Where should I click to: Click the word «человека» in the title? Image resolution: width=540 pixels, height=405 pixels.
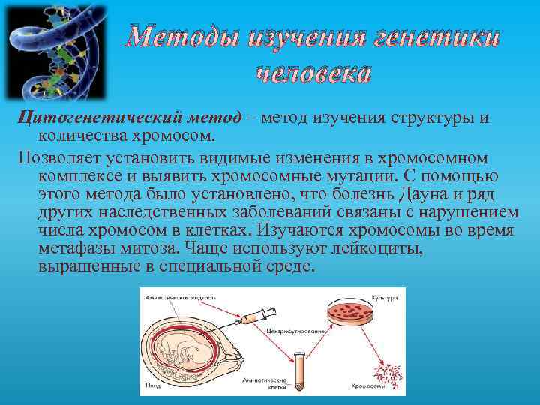(x=313, y=74)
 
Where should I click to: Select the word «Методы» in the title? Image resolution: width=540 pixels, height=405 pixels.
(x=187, y=37)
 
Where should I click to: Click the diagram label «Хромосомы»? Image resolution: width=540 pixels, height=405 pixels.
(x=368, y=387)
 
